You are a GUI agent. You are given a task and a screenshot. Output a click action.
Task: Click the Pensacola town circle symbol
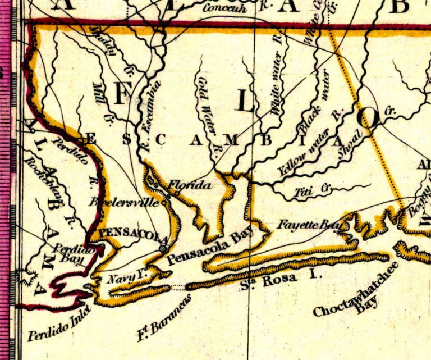[x=163, y=248]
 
